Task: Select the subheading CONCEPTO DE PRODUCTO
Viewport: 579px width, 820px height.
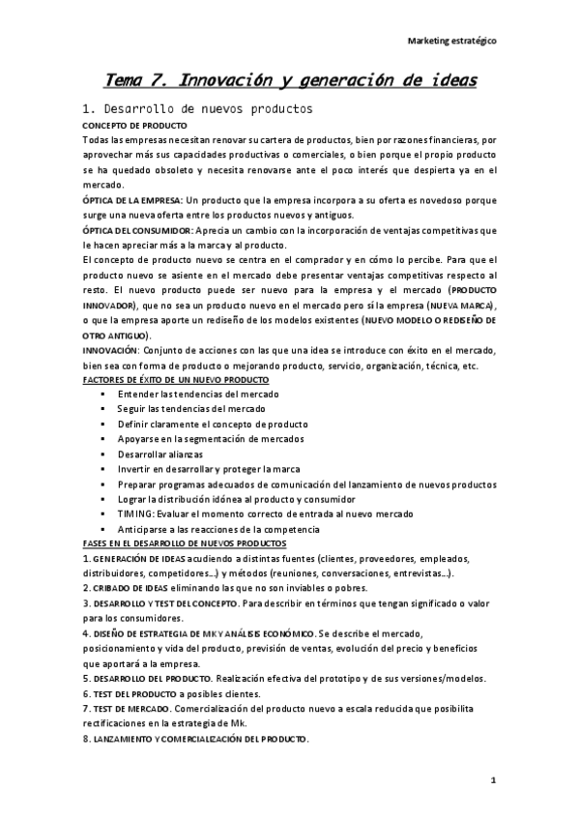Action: pyautogui.click(x=135, y=126)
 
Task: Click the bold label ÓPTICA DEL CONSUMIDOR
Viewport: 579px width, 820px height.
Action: pyautogui.click(x=138, y=230)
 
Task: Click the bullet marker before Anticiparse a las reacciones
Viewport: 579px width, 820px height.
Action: pyautogui.click(x=103, y=529)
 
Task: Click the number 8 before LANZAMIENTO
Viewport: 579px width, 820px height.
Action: pyautogui.click(x=86, y=739)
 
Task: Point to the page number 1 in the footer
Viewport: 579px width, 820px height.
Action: pyautogui.click(x=492, y=779)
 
